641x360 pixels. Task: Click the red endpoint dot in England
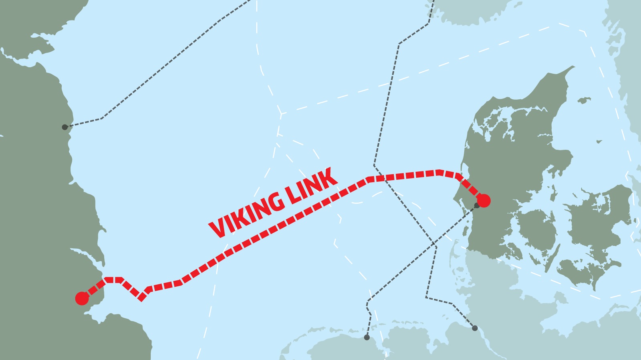click(82, 298)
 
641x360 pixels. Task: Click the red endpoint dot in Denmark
click(484, 201)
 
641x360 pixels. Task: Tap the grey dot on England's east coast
click(65, 127)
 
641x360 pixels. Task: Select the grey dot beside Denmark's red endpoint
click(477, 205)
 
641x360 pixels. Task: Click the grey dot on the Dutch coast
click(367, 338)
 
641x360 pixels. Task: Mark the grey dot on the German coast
click(475, 328)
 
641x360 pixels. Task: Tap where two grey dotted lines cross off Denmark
click(433, 243)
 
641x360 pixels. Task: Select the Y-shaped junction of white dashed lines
click(281, 114)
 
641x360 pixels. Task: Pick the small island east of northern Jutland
click(584, 100)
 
